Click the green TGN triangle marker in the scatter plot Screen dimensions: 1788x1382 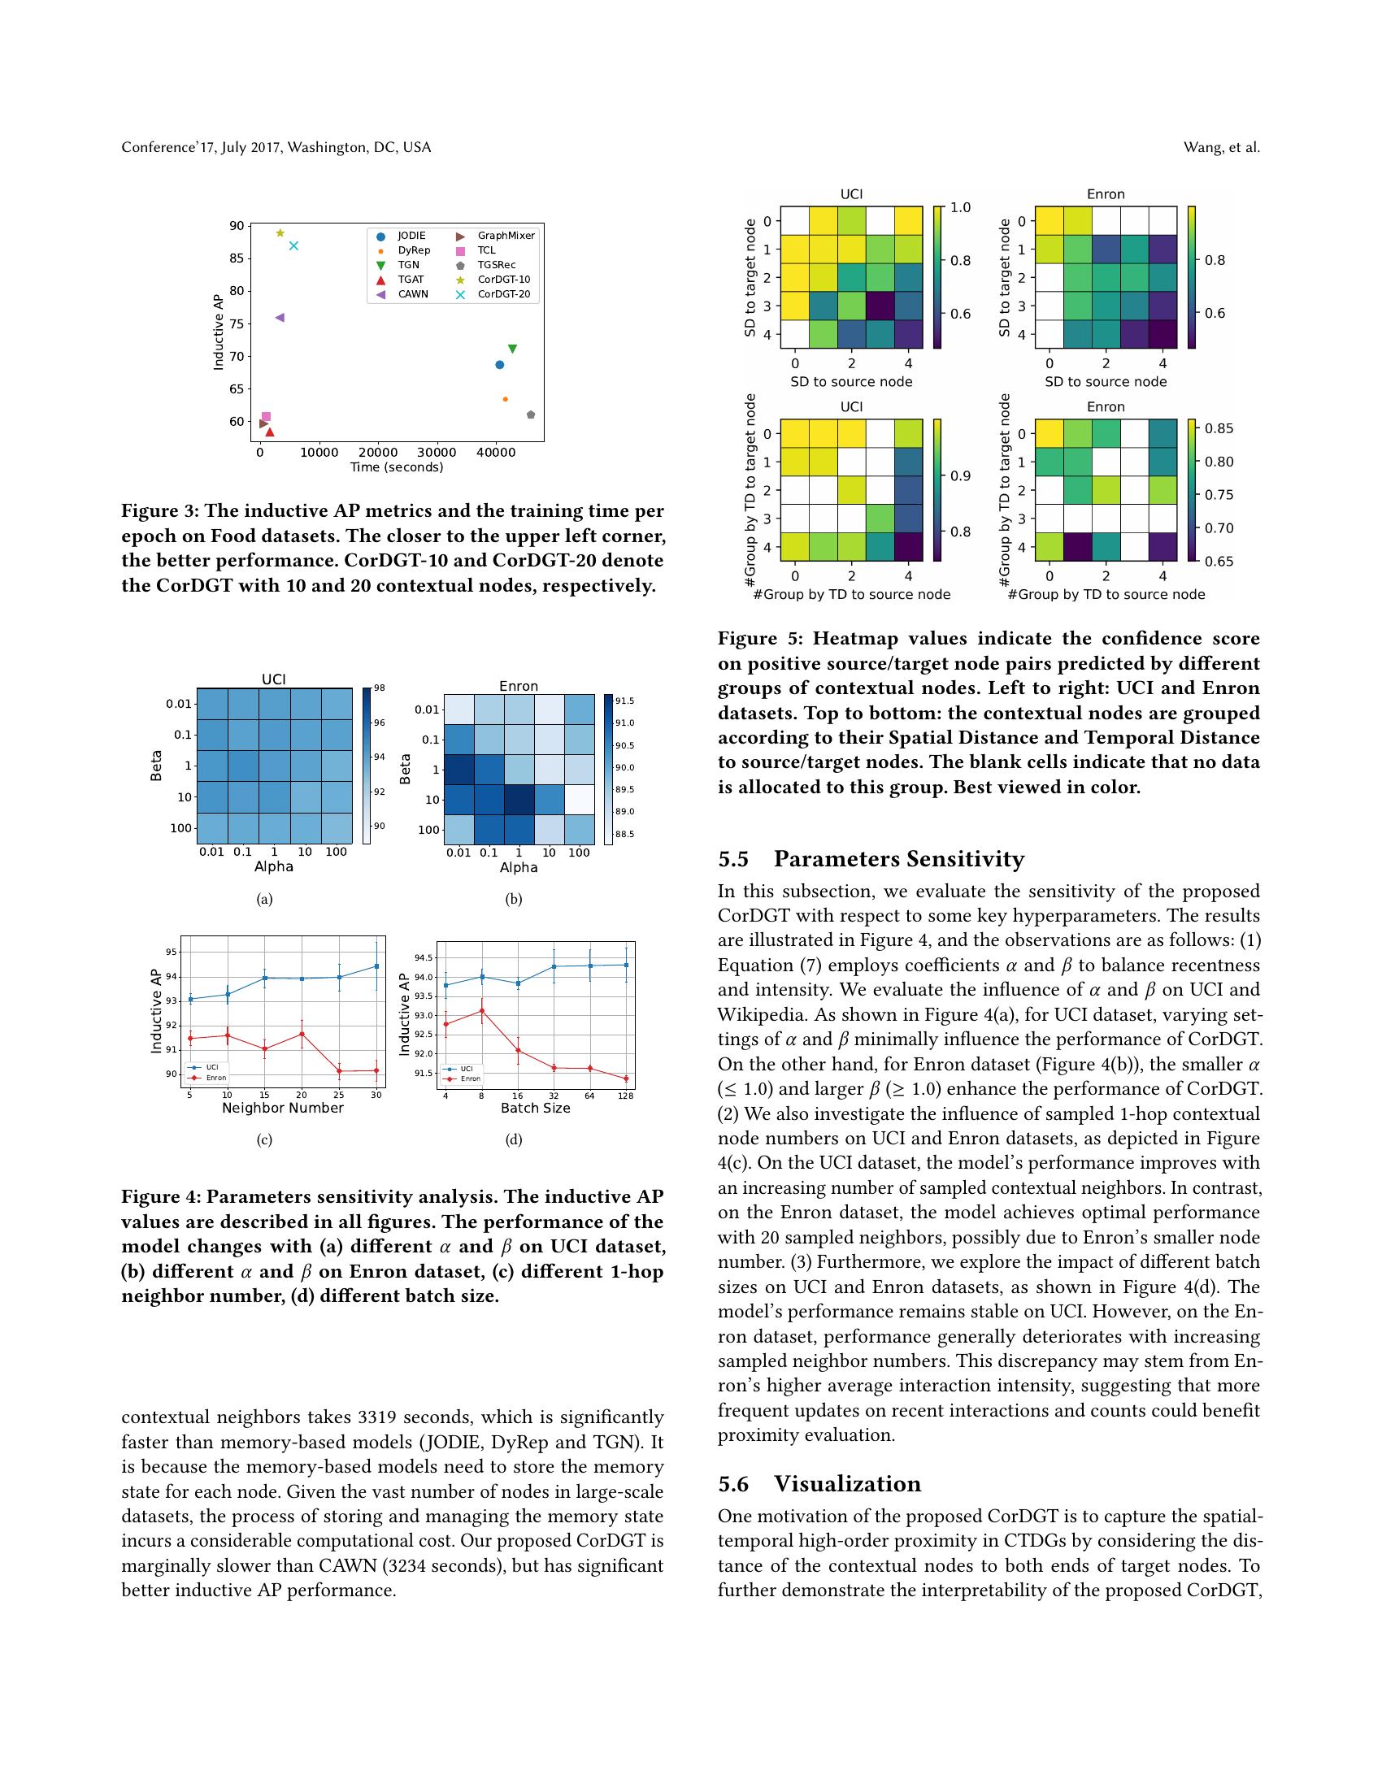(512, 349)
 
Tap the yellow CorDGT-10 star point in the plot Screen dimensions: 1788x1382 (280, 233)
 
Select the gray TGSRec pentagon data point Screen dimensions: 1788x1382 (531, 415)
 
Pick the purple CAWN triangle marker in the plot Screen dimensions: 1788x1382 (279, 318)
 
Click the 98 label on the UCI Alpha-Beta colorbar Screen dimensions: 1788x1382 (380, 688)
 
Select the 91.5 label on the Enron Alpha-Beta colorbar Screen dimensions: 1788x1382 (624, 701)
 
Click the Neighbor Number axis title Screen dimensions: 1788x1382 (282, 1108)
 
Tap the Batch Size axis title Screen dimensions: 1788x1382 (536, 1108)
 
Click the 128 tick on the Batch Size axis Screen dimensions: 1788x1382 (626, 1096)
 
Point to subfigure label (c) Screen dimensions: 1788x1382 (263, 1139)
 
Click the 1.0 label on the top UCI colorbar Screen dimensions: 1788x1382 (960, 208)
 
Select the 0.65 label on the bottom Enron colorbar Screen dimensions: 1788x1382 (1219, 562)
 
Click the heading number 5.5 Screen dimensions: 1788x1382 (733, 859)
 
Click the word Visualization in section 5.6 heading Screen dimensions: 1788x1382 (847, 1484)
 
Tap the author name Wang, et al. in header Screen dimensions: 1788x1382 (1221, 147)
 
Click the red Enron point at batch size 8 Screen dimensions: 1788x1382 (481, 1010)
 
